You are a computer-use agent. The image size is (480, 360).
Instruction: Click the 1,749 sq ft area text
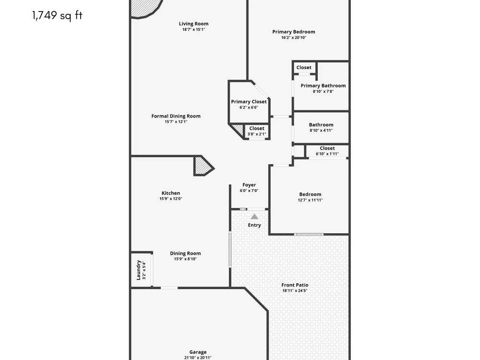(57, 15)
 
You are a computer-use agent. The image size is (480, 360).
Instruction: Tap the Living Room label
(193, 24)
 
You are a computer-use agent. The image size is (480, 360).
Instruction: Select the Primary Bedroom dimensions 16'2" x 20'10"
(294, 37)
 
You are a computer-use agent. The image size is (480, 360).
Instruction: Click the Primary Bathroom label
(323, 86)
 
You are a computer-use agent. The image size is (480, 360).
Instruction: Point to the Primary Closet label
(249, 102)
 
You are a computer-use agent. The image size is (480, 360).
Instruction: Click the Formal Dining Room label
(176, 116)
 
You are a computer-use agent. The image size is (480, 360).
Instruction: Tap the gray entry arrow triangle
(254, 216)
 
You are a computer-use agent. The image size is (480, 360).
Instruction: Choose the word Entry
(254, 225)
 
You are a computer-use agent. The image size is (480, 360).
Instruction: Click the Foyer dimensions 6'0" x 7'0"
(249, 191)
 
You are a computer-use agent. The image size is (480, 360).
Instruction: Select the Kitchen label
(171, 193)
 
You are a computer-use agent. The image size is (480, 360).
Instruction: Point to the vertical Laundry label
(138, 270)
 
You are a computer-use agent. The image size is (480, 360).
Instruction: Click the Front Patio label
(295, 285)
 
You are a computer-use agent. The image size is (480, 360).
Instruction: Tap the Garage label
(198, 352)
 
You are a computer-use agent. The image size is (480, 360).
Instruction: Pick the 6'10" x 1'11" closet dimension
(327, 154)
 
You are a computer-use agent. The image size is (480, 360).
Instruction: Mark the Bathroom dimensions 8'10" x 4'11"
(321, 131)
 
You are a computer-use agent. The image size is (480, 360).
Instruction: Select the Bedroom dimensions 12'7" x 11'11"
(310, 200)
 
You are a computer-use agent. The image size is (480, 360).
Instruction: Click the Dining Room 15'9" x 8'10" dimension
(185, 259)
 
